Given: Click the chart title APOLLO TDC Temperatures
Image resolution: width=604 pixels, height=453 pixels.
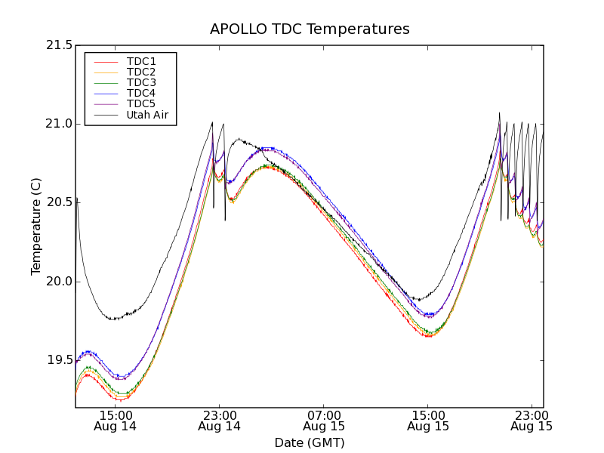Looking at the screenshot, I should pos(310,29).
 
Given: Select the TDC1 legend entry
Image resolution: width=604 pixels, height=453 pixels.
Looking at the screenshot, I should pos(141,61).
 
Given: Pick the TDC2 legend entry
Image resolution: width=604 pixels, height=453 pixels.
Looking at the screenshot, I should pos(141,72).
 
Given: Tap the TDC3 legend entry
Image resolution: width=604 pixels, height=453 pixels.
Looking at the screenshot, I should pos(141,82).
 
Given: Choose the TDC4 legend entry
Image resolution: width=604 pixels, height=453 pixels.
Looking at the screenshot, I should pos(141,93).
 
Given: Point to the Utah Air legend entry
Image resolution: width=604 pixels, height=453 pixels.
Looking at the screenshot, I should pos(147,115).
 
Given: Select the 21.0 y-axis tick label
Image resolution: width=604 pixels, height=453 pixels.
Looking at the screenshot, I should pos(58,124).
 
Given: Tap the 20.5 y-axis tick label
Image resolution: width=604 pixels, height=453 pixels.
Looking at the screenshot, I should pos(58,202).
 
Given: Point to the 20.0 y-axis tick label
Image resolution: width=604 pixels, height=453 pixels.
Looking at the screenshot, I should pos(58,282).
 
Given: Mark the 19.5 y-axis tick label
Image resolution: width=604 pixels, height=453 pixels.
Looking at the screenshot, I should pos(58,360).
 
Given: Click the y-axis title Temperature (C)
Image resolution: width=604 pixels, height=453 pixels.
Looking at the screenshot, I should pos(36,226).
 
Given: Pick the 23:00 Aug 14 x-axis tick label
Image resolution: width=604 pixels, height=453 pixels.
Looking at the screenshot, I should pos(219,421).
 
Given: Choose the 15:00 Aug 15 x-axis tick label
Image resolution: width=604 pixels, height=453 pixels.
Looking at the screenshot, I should pos(427,421).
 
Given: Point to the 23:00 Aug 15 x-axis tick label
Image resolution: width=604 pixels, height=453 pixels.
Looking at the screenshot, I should pos(531,421).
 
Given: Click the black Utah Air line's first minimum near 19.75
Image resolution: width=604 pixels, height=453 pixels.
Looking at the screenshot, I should pos(113,319).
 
